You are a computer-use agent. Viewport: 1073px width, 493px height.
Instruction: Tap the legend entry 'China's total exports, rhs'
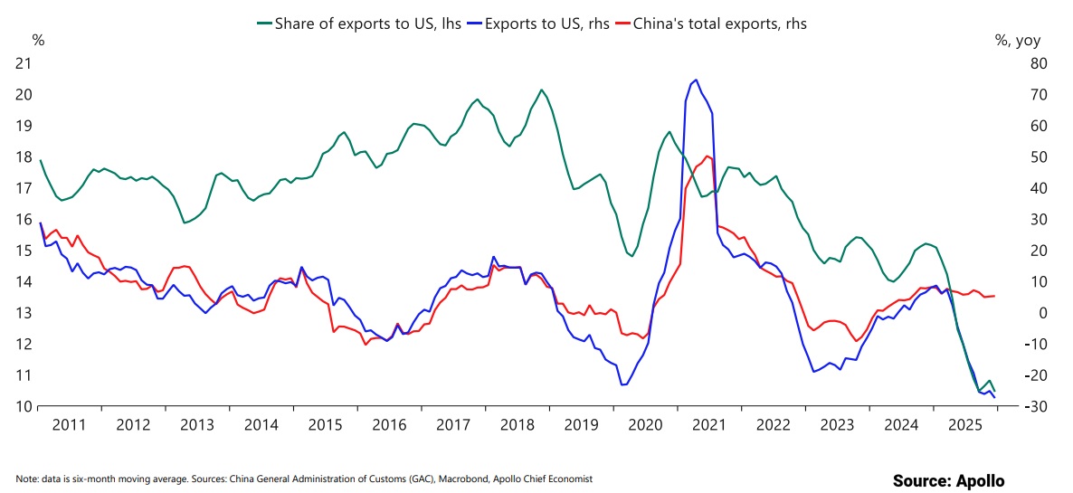pos(718,24)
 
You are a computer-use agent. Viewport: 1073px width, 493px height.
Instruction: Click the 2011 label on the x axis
pos(70,424)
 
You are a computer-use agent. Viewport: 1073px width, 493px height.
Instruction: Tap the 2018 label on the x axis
pos(517,424)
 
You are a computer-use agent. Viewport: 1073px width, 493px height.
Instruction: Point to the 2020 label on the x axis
pos(644,424)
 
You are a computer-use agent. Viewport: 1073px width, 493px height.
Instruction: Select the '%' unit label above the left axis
pos(38,40)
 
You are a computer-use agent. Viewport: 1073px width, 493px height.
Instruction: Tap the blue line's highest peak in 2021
pos(695,80)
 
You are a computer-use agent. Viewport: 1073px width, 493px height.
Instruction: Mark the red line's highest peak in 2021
pos(707,156)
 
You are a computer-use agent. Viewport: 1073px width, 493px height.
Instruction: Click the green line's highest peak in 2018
pos(541,90)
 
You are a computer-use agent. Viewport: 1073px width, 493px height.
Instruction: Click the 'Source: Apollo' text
pos(948,480)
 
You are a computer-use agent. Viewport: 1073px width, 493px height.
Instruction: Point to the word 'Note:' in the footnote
pos(28,479)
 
